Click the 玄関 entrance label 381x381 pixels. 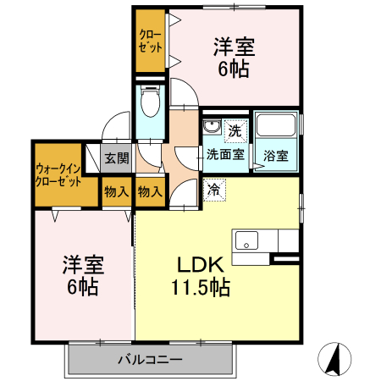pyautogui.click(x=115, y=157)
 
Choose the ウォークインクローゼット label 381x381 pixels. pyautogui.click(x=58, y=175)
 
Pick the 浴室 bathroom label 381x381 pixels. pyautogui.click(x=275, y=156)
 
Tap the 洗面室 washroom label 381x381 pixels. pyautogui.click(x=226, y=155)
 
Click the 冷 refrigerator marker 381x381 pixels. pyautogui.click(x=214, y=189)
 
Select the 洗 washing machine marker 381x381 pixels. pyautogui.click(x=235, y=131)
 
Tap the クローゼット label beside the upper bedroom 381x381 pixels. pyautogui.click(x=152, y=39)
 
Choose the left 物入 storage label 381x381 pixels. pyautogui.click(x=116, y=192)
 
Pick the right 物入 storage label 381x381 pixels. pyautogui.click(x=149, y=192)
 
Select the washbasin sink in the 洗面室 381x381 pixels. pyautogui.click(x=212, y=130)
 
